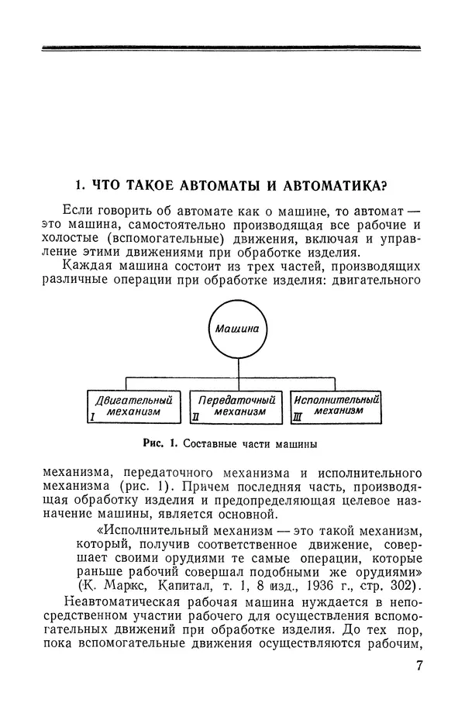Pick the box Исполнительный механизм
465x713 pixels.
click(336, 406)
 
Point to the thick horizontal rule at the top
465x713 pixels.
click(232, 49)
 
